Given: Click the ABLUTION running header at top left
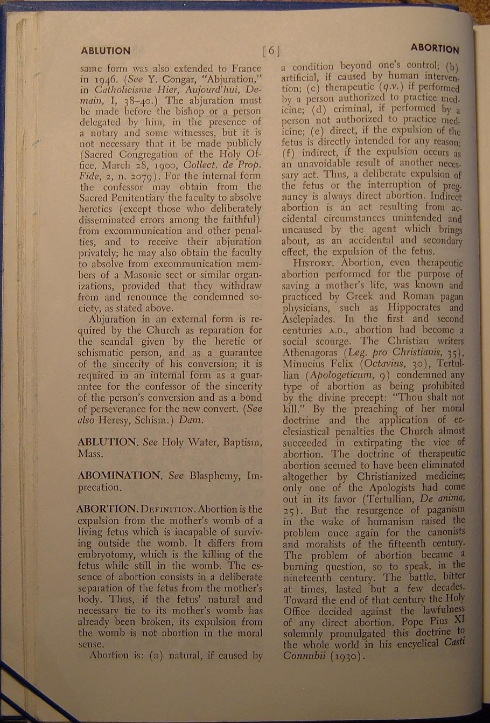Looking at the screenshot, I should pos(105,51).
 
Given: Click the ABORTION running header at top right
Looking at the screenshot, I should pos(435,49).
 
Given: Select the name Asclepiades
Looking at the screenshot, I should pos(310,319).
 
